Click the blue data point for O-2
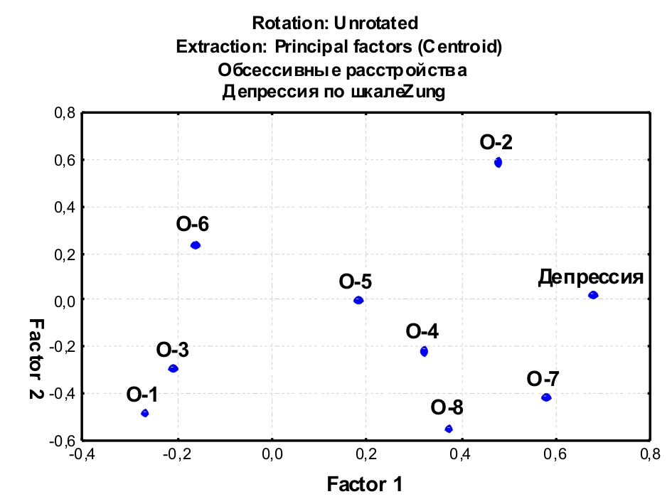498,162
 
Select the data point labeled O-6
196,245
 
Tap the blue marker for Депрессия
593,295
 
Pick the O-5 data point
358,300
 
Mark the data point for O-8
449,429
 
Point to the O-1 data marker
145,413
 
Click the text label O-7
544,378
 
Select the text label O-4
422,331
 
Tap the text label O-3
173,350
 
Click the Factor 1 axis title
365,485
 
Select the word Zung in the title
424,92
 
